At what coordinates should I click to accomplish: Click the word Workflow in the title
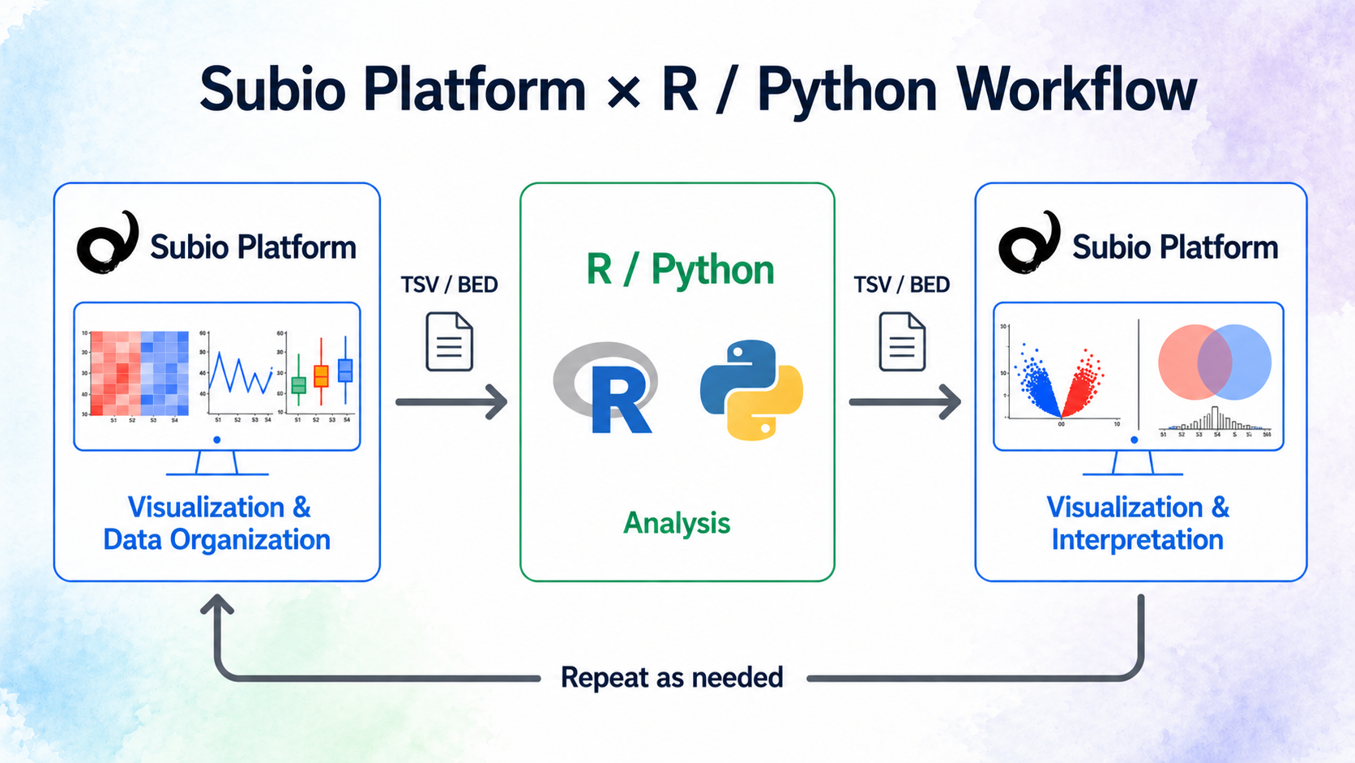(x=1075, y=89)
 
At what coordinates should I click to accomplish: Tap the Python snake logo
(x=751, y=390)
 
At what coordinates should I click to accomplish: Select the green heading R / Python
(x=679, y=269)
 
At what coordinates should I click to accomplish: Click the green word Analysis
(x=677, y=523)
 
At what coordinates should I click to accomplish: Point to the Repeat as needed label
(x=672, y=677)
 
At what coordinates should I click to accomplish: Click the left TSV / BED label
(x=449, y=285)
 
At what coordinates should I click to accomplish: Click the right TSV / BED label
(x=901, y=285)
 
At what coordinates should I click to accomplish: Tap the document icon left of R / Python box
(x=450, y=342)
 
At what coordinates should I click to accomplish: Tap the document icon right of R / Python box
(x=902, y=342)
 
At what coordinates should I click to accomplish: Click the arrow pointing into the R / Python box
(x=451, y=401)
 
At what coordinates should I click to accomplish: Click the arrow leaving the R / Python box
(x=904, y=401)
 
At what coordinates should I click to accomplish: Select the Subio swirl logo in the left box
(x=107, y=243)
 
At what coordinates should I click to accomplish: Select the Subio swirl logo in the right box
(x=1029, y=243)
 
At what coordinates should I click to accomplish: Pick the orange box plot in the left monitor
(x=321, y=375)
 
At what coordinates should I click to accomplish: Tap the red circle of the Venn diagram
(x=1185, y=362)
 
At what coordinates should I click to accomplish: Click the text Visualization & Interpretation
(x=1138, y=523)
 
